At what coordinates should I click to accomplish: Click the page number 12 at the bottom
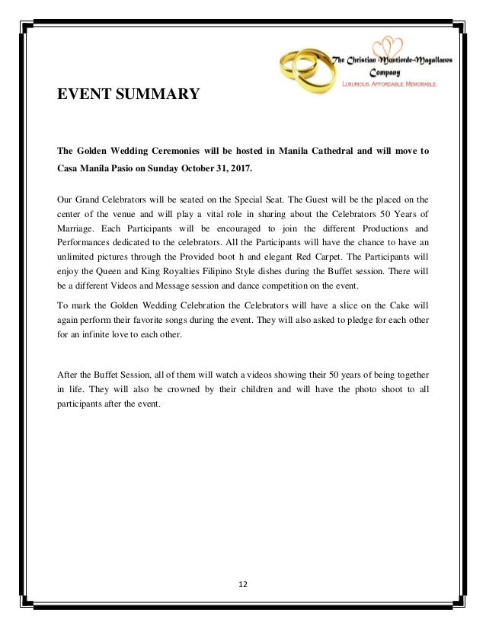(x=244, y=585)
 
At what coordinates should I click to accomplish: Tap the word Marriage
(x=79, y=230)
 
